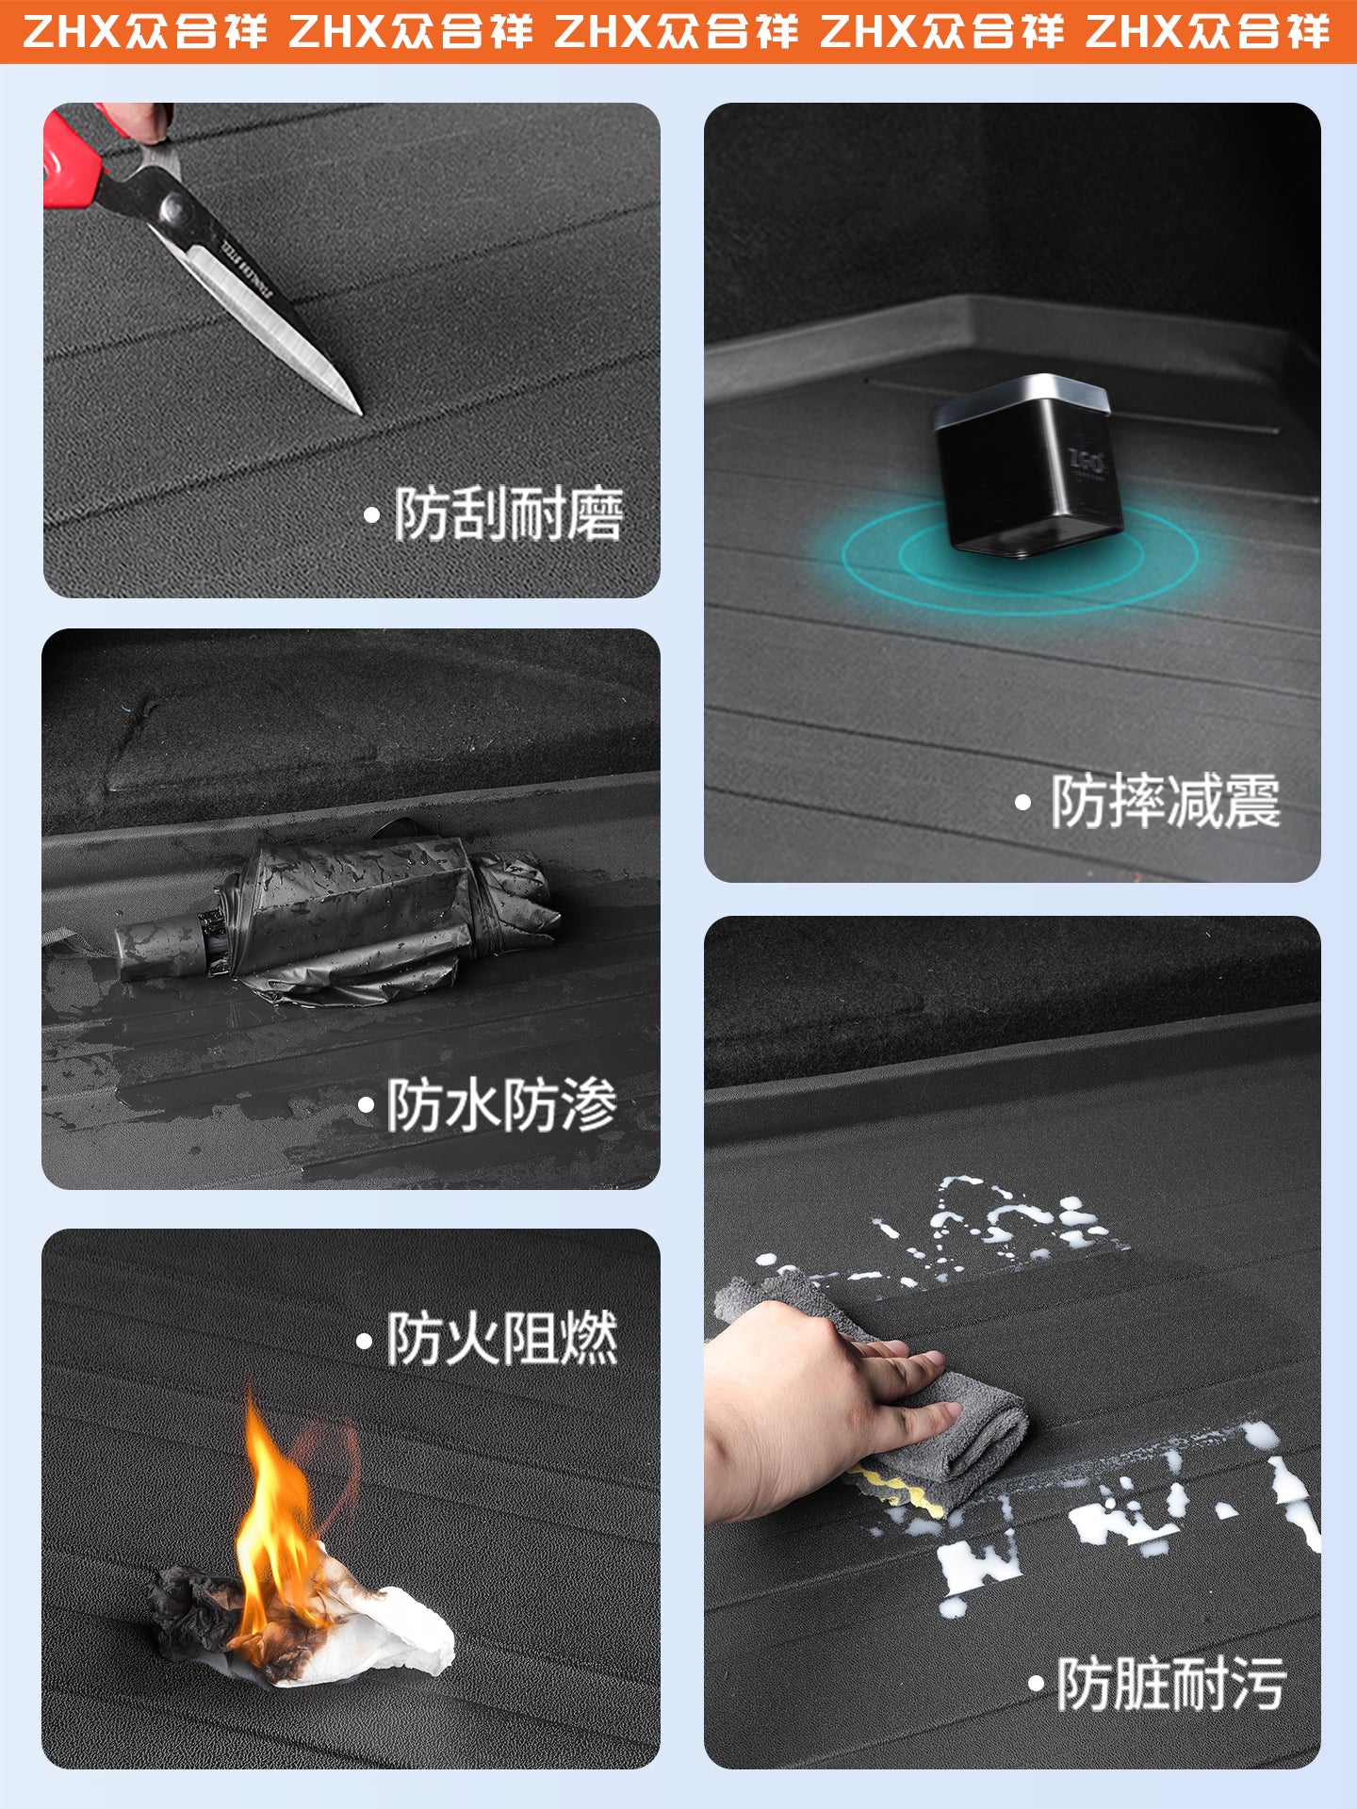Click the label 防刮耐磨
pyautogui.click(x=509, y=514)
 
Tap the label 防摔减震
pyautogui.click(x=1166, y=802)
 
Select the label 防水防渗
pyautogui.click(x=502, y=1104)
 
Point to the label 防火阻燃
pyautogui.click(x=502, y=1339)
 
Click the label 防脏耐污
pyautogui.click(x=1171, y=1684)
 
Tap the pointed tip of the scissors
pyautogui.click(x=359, y=412)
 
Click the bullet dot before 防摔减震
pyautogui.click(x=1023, y=803)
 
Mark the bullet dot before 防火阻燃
pyautogui.click(x=364, y=1341)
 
